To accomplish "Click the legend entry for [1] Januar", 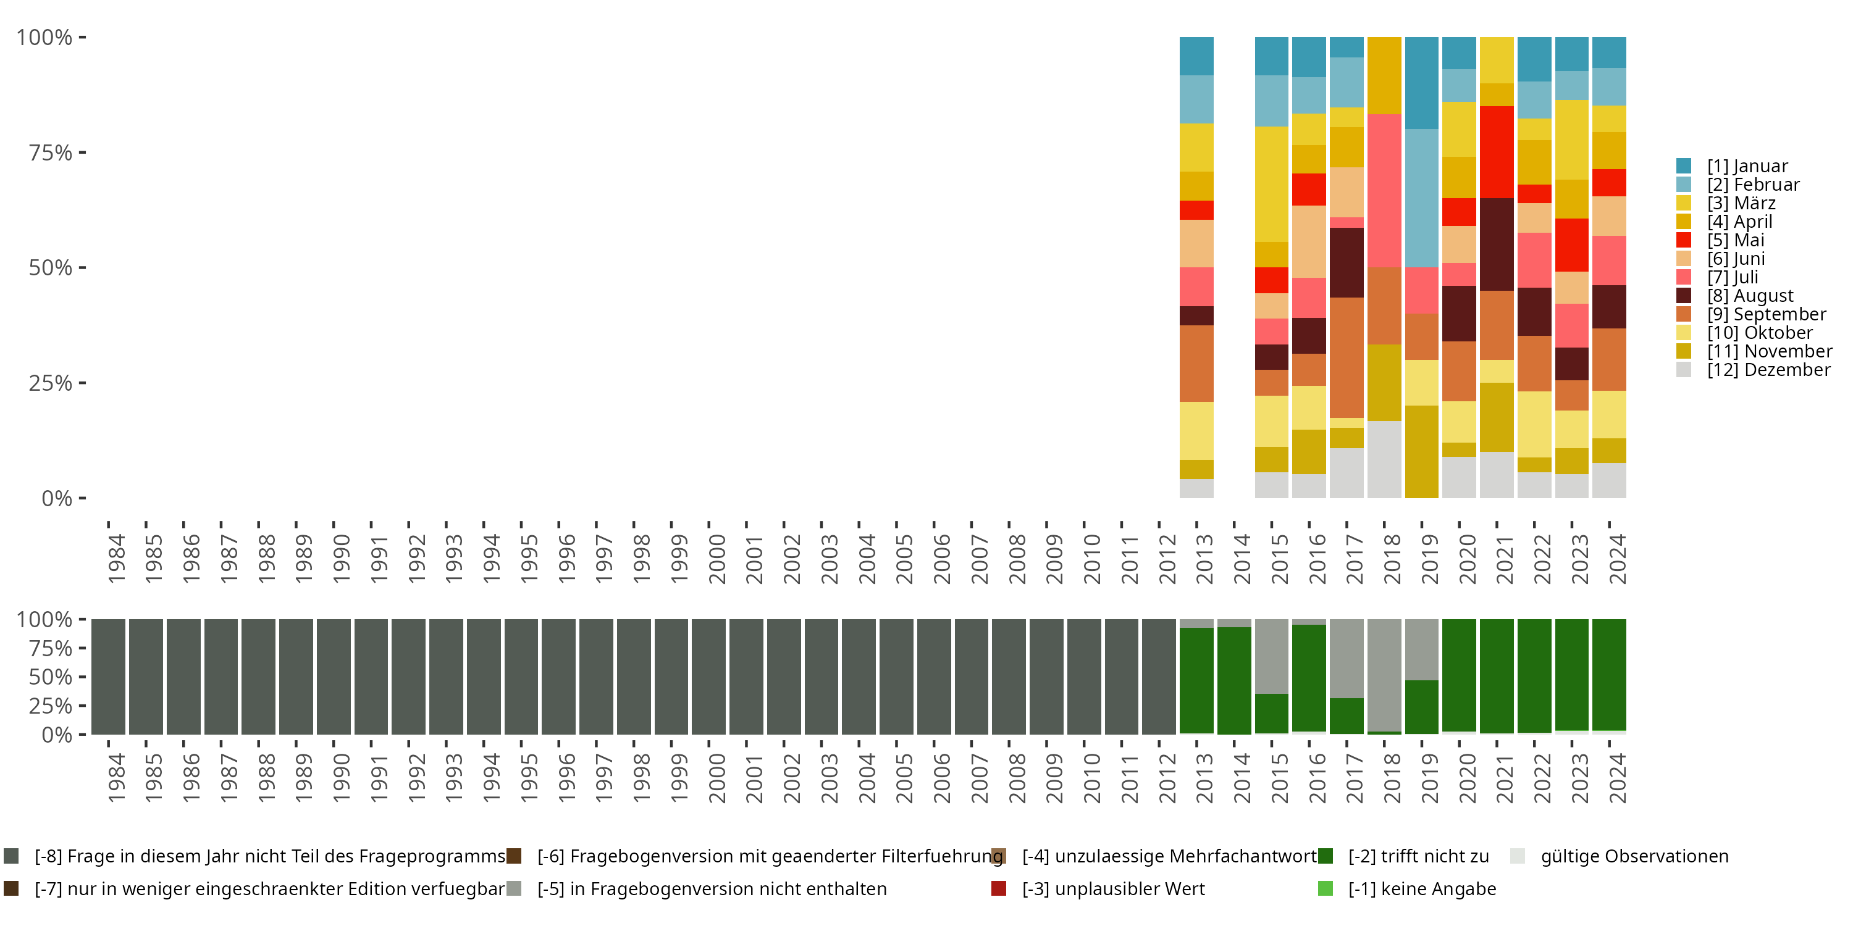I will click(x=1747, y=166).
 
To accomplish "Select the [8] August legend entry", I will click(x=1749, y=296).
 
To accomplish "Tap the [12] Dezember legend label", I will click(x=1768, y=370).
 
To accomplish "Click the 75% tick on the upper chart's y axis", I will click(x=51, y=152).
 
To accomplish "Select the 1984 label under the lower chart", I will click(x=116, y=778).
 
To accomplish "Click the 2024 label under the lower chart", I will click(x=1616, y=778).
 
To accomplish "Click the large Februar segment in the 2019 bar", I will click(x=1421, y=198).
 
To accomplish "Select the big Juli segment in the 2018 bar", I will click(x=1384, y=191).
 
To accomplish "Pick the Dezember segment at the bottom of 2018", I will click(x=1384, y=459).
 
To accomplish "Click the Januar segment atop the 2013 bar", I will click(x=1196, y=56).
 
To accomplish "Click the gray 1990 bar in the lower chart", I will click(x=334, y=677).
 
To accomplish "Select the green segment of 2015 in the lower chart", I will click(x=1271, y=713).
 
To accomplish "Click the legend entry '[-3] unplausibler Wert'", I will click(x=1112, y=888).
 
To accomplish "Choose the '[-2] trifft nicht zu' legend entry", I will click(x=1417, y=856).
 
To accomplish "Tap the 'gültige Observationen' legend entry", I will click(x=1633, y=856).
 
